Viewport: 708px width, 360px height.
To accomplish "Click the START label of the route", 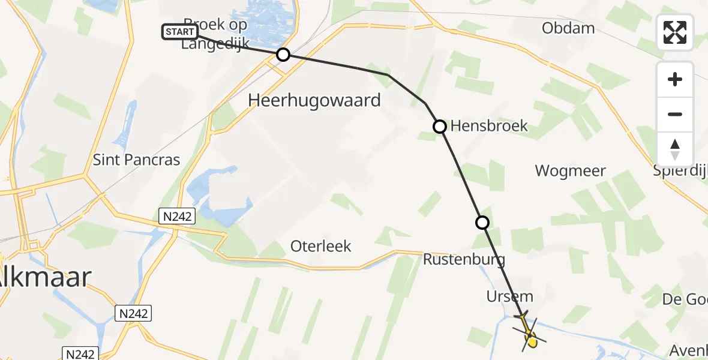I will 179,32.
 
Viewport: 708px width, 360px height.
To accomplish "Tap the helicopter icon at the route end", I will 528,332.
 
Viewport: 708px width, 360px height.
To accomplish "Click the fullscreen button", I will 675,32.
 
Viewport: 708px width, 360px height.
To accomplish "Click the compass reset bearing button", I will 675,149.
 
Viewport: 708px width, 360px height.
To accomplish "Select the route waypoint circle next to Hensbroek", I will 440,127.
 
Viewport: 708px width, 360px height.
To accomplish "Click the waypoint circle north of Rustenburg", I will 482,223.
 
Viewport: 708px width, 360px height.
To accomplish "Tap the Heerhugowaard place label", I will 314,100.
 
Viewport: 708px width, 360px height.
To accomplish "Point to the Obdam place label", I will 568,28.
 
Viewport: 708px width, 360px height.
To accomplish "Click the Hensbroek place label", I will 488,125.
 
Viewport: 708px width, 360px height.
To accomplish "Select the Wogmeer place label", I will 570,170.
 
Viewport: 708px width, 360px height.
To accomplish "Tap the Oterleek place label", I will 320,246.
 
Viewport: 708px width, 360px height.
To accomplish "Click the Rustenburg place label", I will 464,260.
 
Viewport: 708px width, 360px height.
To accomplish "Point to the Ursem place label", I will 510,297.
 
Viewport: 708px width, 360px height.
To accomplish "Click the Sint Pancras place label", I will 136,160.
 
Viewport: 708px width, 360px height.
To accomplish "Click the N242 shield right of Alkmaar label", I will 133,313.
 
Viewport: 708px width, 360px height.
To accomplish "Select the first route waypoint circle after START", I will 283,55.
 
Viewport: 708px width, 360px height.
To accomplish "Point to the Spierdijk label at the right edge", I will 680,170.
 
